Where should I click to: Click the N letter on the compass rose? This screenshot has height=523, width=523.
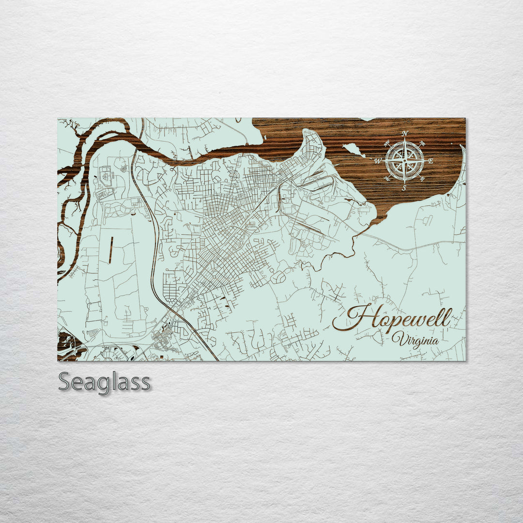pos(405,134)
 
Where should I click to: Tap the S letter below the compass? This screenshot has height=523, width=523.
pos(404,188)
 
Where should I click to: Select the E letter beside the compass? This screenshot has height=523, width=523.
pos(431,161)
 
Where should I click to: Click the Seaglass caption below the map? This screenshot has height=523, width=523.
pos(104,383)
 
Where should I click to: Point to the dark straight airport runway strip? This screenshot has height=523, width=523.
pos(111,249)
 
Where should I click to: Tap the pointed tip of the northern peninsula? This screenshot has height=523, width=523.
pos(305,131)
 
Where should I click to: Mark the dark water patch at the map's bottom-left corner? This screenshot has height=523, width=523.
pos(68,345)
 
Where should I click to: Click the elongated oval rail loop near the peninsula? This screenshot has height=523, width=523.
pos(320,183)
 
